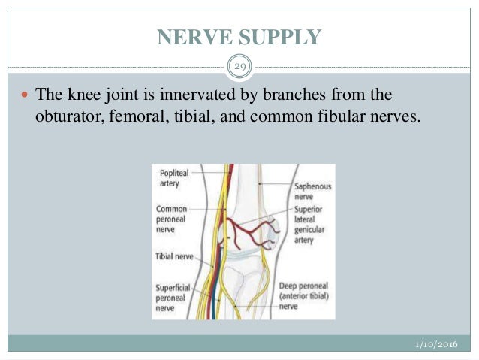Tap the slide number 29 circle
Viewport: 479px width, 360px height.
(239, 68)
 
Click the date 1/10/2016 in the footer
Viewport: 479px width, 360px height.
(435, 344)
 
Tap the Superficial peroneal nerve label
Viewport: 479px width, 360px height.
(175, 297)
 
